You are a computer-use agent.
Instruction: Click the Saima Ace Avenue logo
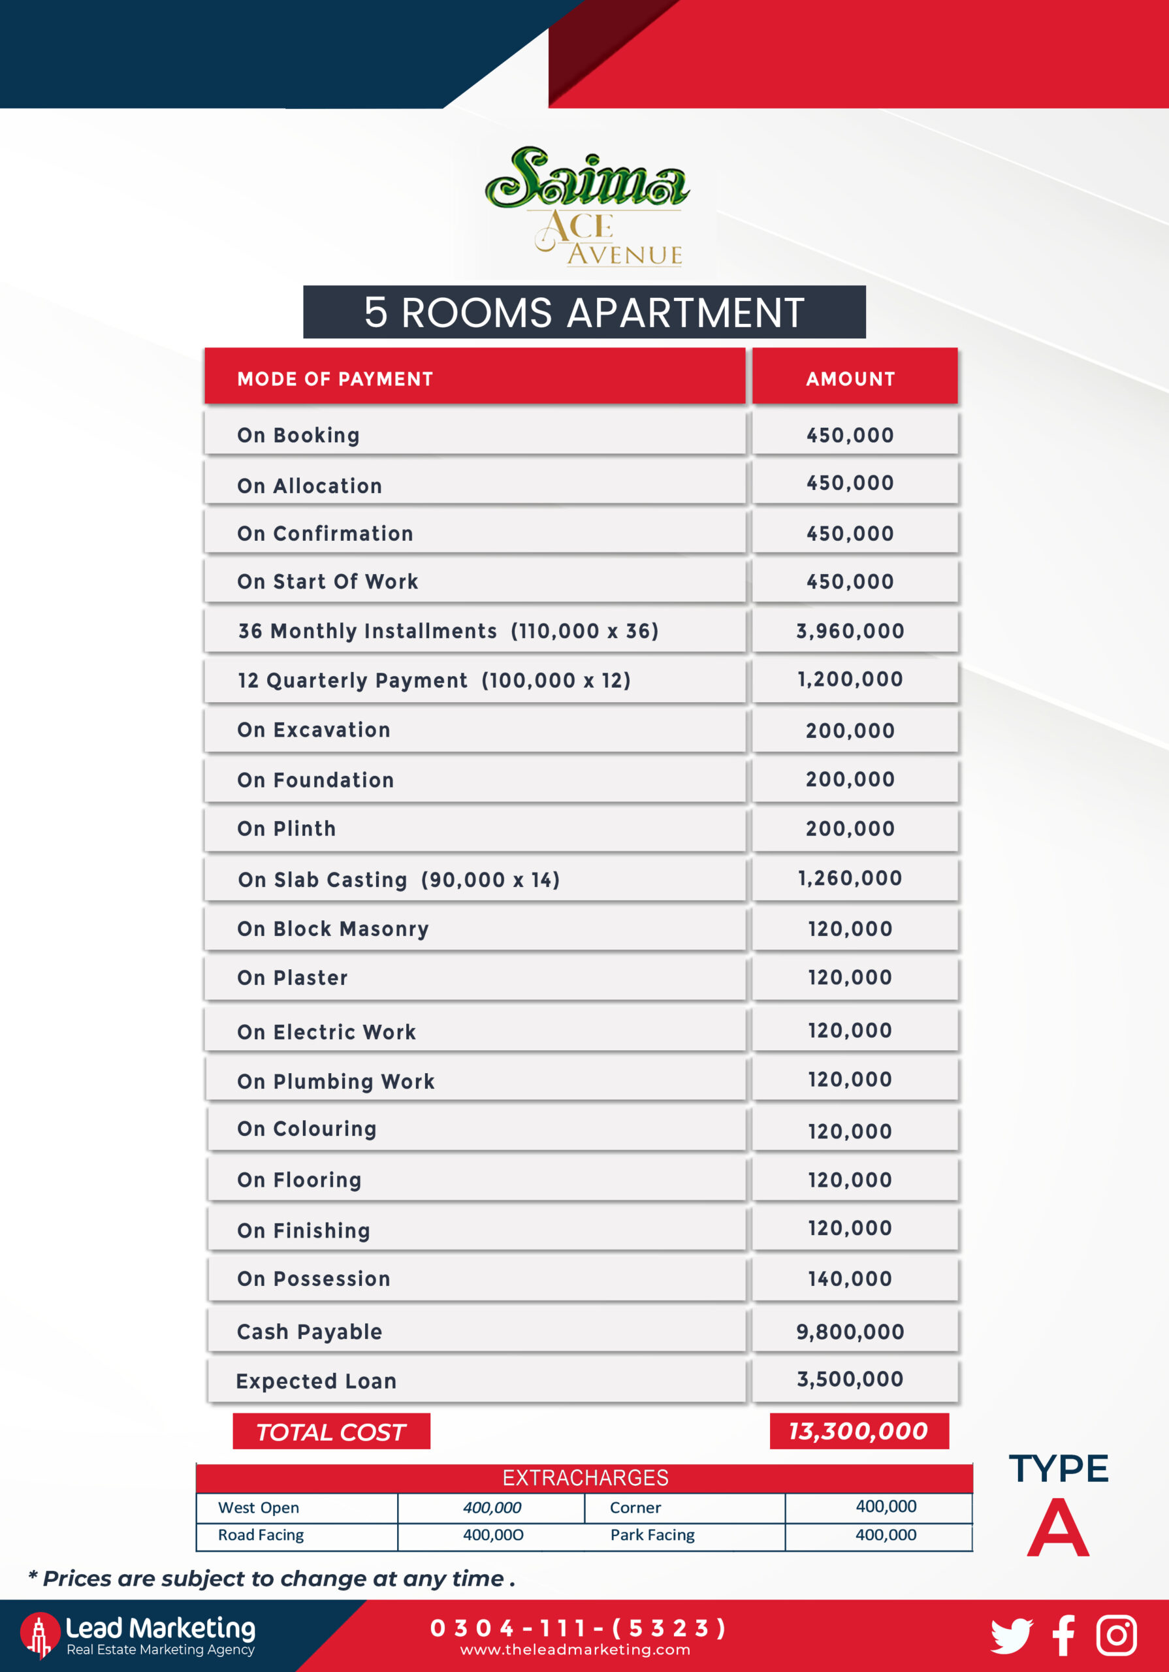click(586, 206)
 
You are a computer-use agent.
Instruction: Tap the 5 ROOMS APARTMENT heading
click(584, 312)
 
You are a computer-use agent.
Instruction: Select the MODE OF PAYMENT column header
click(335, 379)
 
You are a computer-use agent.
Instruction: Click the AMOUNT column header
click(850, 379)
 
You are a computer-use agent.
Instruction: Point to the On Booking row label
click(298, 436)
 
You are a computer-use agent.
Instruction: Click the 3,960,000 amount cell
click(850, 631)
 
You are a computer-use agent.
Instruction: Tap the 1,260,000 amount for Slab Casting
click(850, 878)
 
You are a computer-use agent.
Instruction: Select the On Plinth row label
click(287, 829)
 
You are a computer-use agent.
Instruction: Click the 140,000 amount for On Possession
click(850, 1279)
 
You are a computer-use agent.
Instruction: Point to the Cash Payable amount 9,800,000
click(850, 1332)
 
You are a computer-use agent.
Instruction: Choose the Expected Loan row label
click(316, 1381)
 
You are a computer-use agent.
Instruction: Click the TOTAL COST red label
click(330, 1432)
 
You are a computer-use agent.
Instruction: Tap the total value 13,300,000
click(859, 1431)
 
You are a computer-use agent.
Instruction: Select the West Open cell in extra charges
click(259, 1507)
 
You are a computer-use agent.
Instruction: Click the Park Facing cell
click(652, 1534)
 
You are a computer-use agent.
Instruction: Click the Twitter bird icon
click(1012, 1635)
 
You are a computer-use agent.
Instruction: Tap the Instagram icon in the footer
click(1117, 1635)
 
